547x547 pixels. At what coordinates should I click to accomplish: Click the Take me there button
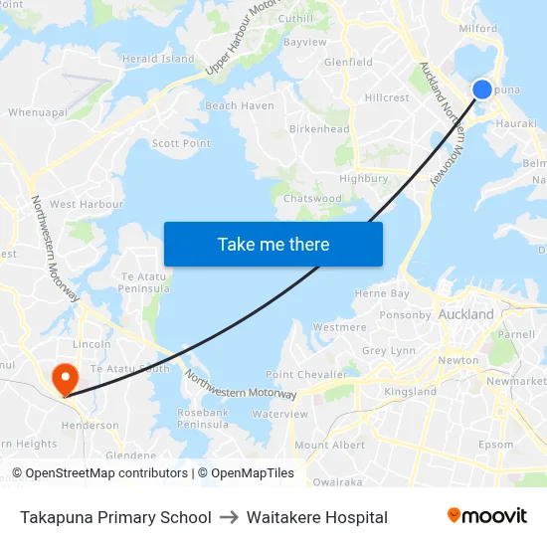click(273, 245)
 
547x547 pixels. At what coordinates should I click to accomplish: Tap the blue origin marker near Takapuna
click(481, 90)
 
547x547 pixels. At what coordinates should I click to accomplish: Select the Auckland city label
click(465, 314)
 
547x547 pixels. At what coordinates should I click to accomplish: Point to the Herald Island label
click(158, 59)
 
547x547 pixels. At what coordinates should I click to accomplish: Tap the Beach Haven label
click(240, 106)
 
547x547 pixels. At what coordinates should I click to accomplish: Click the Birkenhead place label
click(318, 129)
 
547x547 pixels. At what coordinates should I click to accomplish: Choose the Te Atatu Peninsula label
click(144, 282)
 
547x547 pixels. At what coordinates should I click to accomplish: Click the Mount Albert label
click(329, 446)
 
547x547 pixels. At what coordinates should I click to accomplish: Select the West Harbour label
click(87, 204)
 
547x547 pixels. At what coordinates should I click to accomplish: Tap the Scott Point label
click(181, 143)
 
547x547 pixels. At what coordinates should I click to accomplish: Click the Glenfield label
click(348, 62)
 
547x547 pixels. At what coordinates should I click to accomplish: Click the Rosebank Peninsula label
click(203, 418)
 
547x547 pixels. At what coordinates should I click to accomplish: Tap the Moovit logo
click(486, 516)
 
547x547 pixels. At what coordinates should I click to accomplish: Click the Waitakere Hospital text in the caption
click(317, 517)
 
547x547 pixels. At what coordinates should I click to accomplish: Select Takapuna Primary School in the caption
click(115, 517)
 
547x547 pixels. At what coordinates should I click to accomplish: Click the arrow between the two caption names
click(229, 517)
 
